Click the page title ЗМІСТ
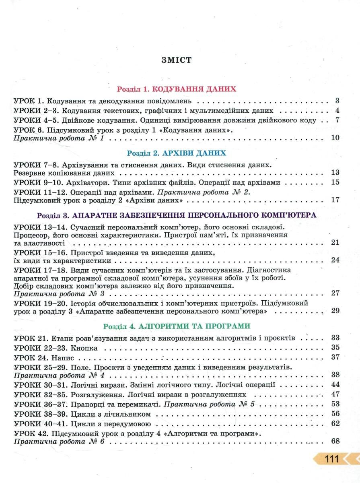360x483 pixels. click(x=176, y=60)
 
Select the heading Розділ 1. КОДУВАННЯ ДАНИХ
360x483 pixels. click(x=176, y=89)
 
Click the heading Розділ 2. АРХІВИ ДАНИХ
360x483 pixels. click(x=176, y=153)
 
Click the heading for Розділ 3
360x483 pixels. click(x=177, y=215)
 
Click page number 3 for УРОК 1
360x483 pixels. click(x=337, y=101)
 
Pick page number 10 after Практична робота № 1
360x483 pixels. click(x=335, y=138)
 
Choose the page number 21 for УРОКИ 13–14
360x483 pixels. click(x=335, y=242)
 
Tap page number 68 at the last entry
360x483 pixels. click(x=335, y=442)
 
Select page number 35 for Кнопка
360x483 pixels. click(x=335, y=347)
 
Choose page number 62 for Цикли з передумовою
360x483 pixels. click(x=335, y=423)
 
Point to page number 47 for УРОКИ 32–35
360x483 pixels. click(x=335, y=394)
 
